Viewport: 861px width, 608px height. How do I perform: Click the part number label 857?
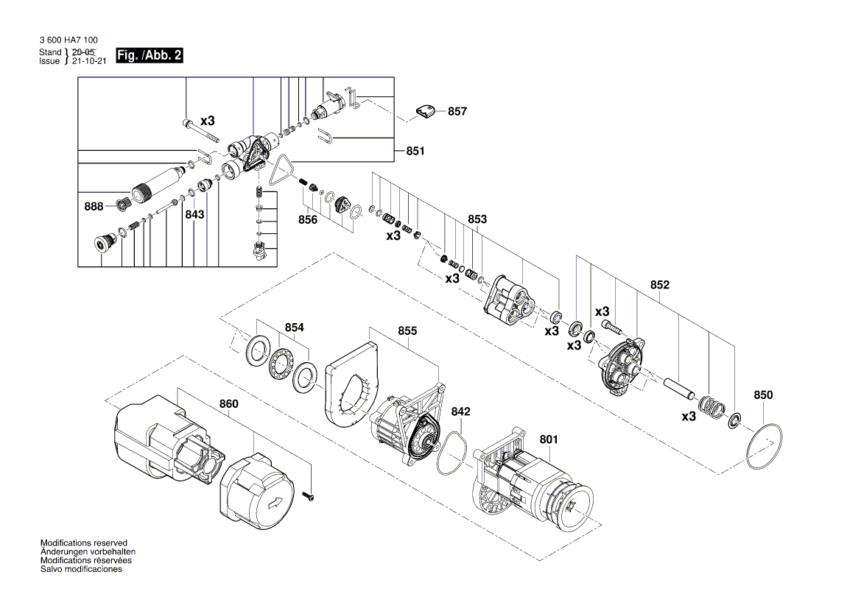point(457,112)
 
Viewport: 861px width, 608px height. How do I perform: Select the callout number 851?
point(415,152)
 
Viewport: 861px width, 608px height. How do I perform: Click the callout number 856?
point(308,219)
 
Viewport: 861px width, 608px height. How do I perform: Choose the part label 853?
point(477,219)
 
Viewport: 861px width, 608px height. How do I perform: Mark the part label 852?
point(659,284)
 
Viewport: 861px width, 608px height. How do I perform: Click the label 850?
point(763,395)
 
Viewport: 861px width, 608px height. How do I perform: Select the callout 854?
point(295,328)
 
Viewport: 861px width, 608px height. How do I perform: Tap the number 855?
point(407,331)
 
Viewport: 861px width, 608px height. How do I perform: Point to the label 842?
point(461,411)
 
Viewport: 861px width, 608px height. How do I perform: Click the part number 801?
point(549,440)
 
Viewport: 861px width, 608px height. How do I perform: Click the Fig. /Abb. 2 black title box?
point(150,56)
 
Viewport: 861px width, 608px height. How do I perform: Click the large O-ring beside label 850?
point(763,447)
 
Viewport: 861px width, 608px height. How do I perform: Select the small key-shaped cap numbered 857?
point(424,111)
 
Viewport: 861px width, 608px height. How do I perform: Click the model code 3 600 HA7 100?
point(68,41)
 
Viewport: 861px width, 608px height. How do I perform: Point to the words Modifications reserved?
point(84,542)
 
